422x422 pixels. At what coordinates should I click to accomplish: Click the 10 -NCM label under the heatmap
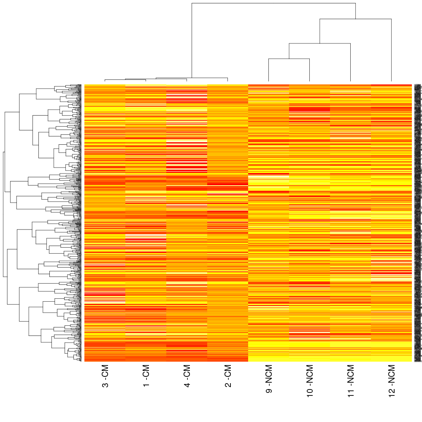(310, 384)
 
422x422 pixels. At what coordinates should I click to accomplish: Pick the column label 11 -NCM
(351, 384)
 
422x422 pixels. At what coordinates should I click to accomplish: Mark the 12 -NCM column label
(392, 384)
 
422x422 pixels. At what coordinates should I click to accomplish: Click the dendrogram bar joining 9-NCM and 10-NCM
(289, 59)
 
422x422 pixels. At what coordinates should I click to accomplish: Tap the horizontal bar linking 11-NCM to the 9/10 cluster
(319, 43)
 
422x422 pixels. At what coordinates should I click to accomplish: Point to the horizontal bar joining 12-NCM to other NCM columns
(355, 19)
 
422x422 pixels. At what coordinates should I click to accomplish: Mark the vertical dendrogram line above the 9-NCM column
(269, 70)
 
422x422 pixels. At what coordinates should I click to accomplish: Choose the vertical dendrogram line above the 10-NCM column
(310, 70)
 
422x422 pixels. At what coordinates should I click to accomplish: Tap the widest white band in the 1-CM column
(146, 235)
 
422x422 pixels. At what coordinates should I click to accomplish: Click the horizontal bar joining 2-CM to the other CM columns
(192, 78)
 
